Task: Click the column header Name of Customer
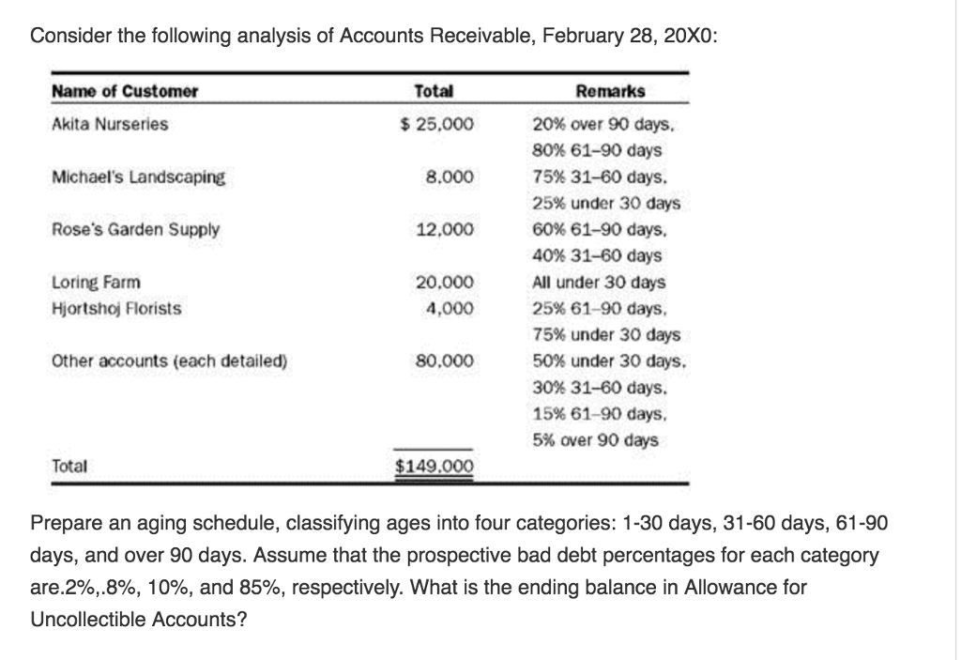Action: pos(125,91)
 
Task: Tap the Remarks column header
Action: pos(609,91)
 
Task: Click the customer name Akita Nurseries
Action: pos(110,124)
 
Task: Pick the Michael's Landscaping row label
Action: pos(138,177)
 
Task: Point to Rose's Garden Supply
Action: pos(135,229)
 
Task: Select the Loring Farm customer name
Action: pos(96,282)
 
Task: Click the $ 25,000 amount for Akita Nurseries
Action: pos(437,124)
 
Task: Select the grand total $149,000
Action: pos(433,466)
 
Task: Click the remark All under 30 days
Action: pos(598,282)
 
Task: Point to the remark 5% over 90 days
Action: pos(595,439)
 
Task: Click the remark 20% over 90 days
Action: pos(604,124)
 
